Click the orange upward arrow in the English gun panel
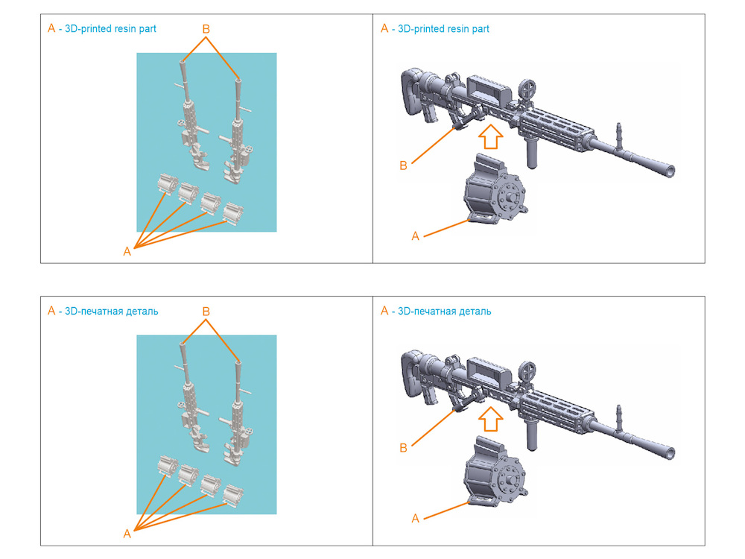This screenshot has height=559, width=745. (x=490, y=137)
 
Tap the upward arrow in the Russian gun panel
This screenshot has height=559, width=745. (x=490, y=419)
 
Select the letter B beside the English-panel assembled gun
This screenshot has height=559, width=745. (x=403, y=166)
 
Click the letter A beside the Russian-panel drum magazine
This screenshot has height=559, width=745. (x=415, y=519)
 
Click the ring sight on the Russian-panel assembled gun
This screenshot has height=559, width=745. (x=527, y=370)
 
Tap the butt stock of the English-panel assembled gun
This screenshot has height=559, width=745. (x=411, y=92)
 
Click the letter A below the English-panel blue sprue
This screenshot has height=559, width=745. (x=127, y=252)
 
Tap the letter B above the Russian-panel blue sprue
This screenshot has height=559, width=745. (x=206, y=312)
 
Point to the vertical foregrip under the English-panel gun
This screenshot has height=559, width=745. (x=532, y=153)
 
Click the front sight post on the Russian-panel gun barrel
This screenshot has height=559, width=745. (x=618, y=415)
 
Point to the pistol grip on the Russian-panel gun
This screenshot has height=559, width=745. (x=430, y=396)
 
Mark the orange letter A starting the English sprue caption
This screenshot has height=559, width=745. (x=51, y=28)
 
